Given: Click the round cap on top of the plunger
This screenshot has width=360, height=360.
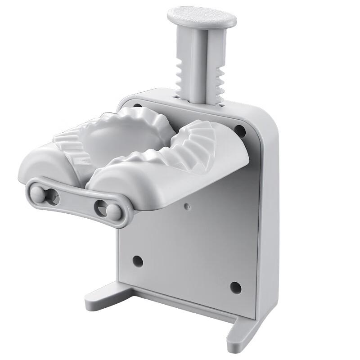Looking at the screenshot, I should (202, 17).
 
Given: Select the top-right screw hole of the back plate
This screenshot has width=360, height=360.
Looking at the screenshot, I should (240, 131).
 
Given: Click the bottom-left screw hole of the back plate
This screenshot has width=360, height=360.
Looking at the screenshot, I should (138, 261).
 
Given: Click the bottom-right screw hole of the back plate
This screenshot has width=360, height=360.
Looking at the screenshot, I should (235, 287).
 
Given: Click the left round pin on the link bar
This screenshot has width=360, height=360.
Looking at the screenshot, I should (38, 194).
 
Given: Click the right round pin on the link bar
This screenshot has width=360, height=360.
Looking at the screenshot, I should (114, 212).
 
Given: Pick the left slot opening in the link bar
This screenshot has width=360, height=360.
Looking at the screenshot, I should (52, 197).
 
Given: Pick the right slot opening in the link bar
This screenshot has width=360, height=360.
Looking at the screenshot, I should (100, 208).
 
